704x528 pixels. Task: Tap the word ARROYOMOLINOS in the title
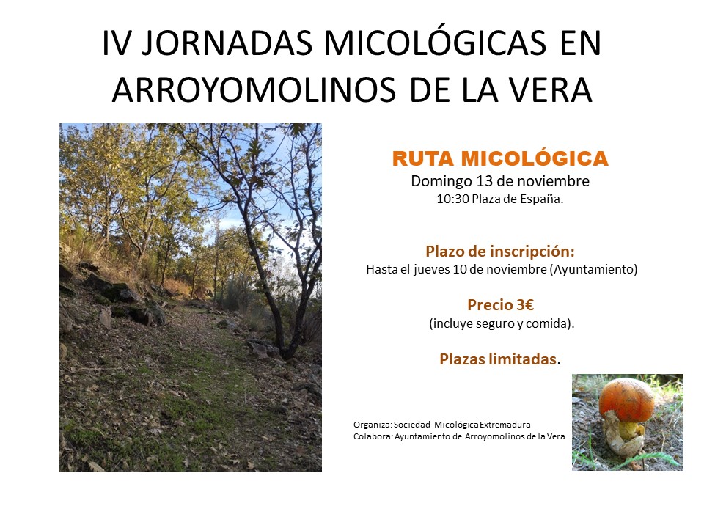click(x=254, y=89)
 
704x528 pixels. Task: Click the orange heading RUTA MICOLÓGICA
click(x=500, y=158)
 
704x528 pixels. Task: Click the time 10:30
click(x=452, y=199)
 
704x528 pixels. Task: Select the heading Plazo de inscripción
click(x=500, y=252)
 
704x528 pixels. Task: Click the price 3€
click(x=525, y=305)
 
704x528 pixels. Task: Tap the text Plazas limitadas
click(x=499, y=359)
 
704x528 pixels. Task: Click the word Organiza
click(x=373, y=425)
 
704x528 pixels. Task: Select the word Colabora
click(x=373, y=436)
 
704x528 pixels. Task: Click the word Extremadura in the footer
click(x=505, y=425)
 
